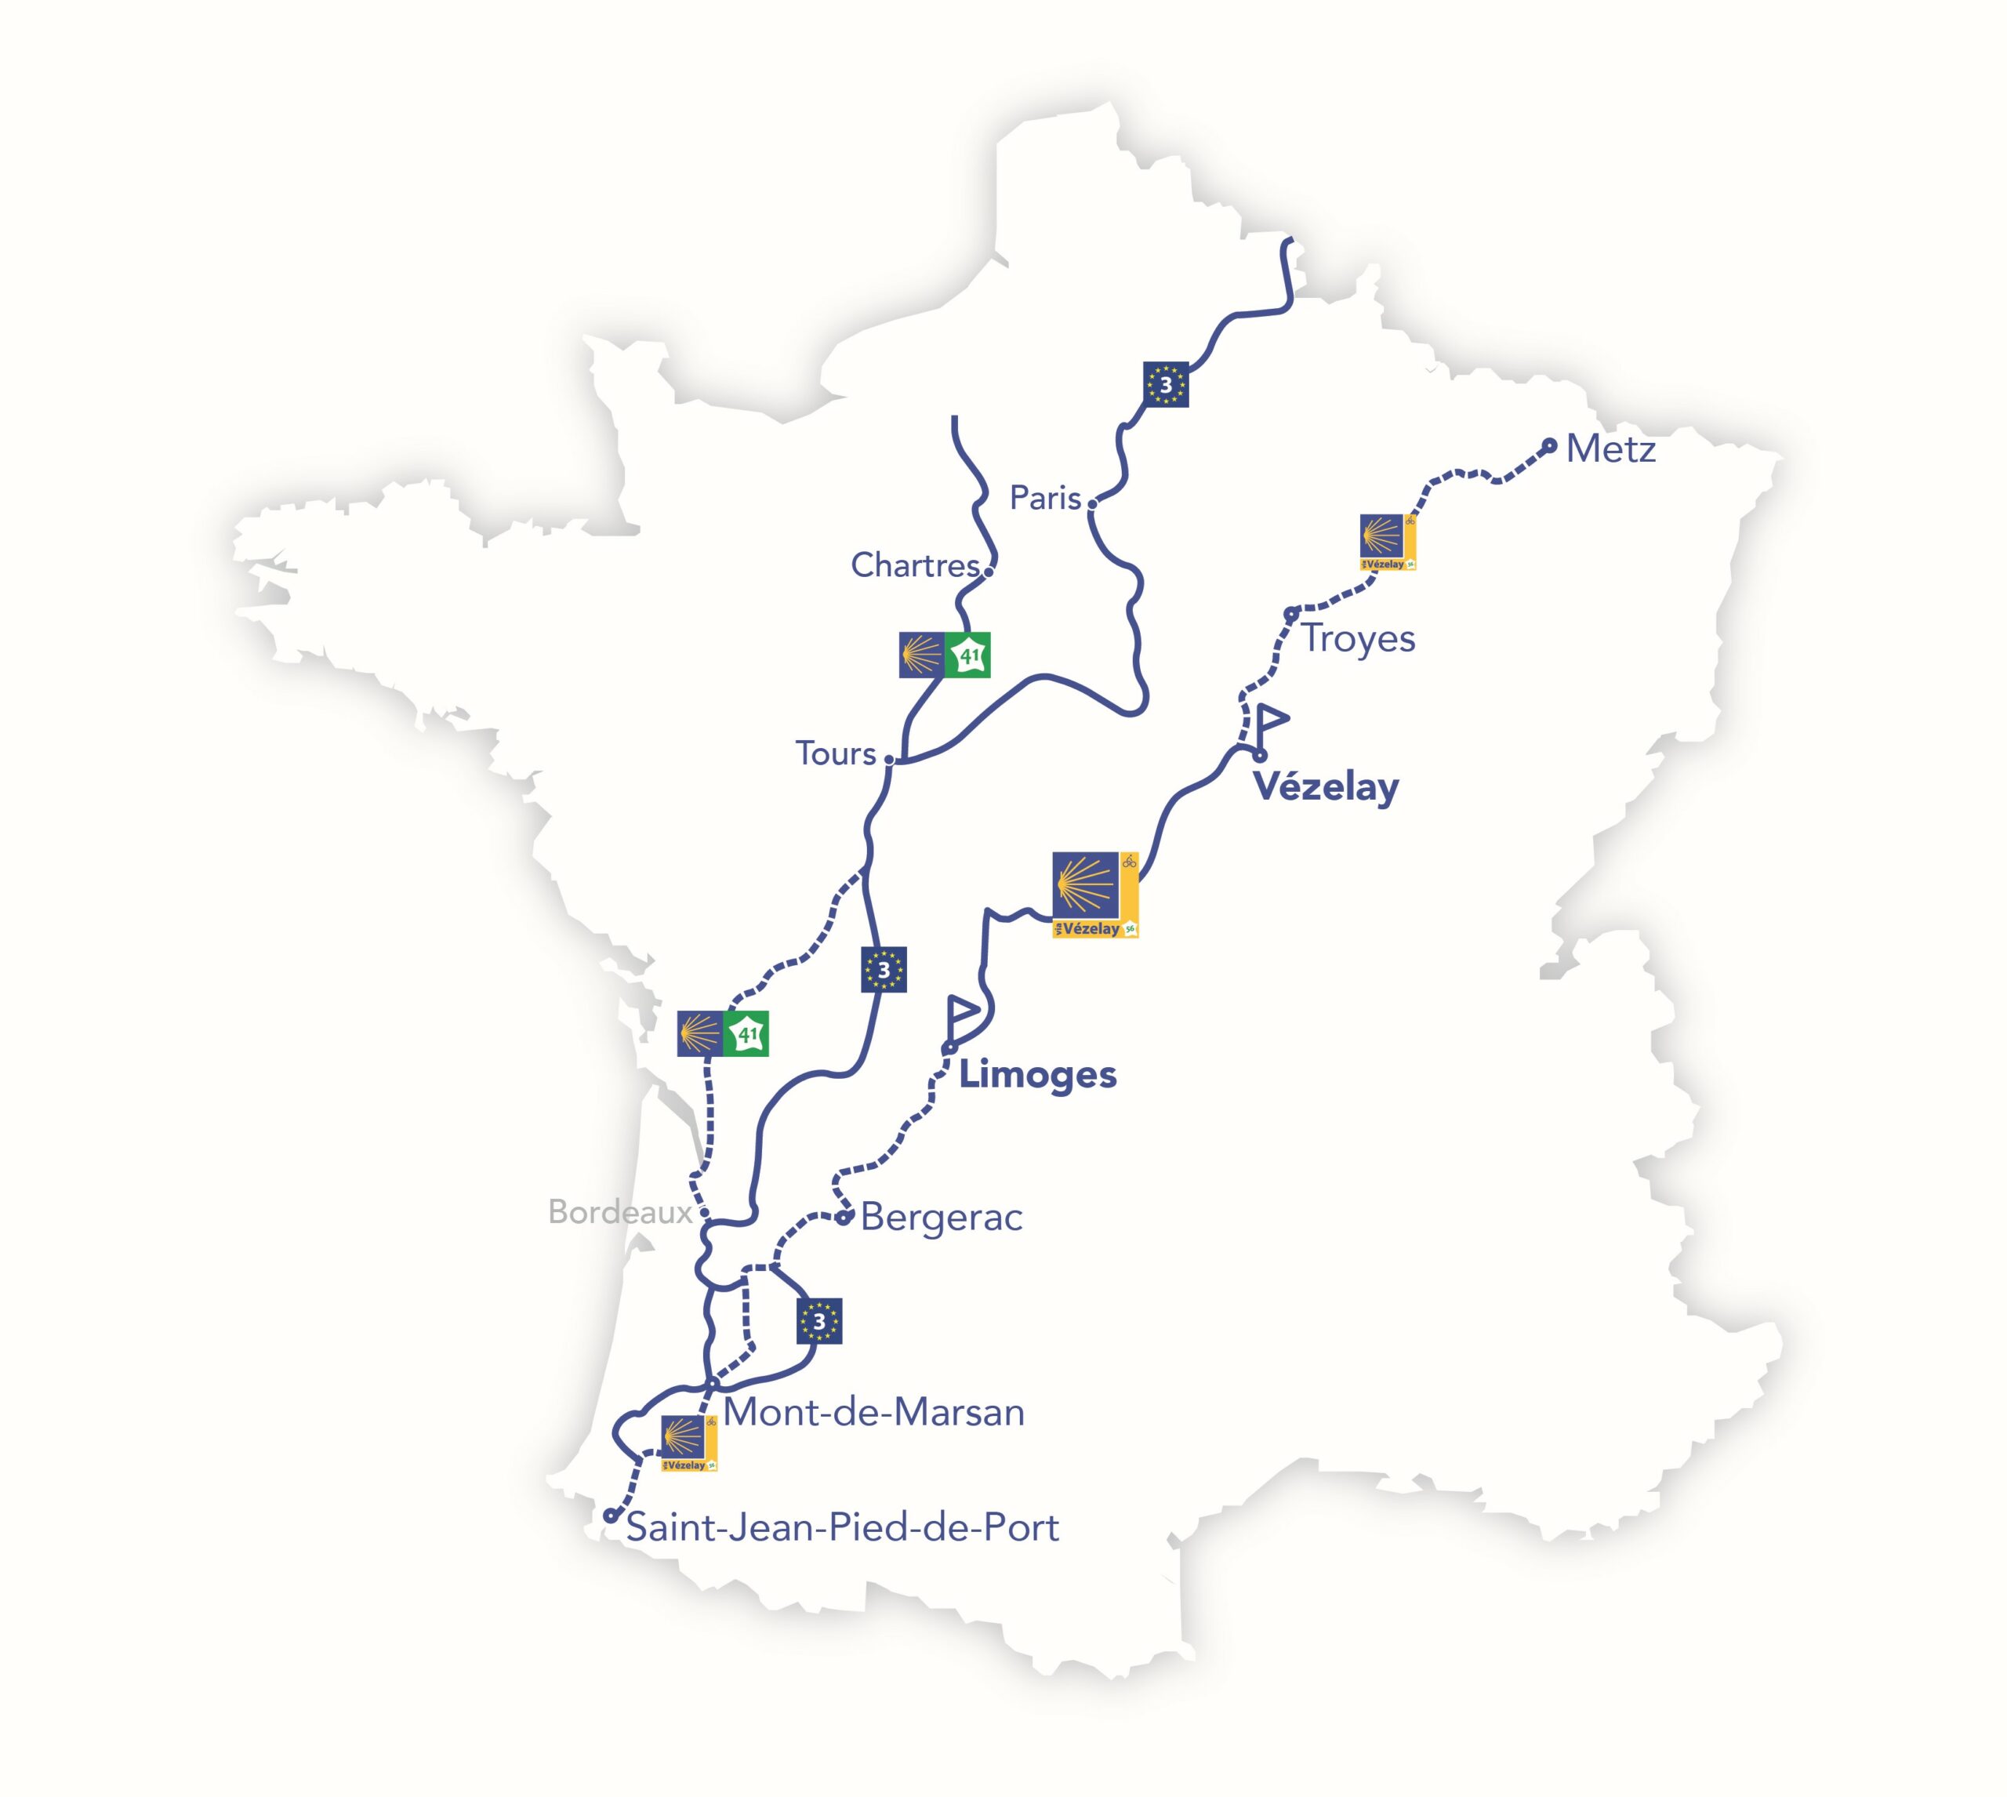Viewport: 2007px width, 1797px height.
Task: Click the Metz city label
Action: (x=1610, y=449)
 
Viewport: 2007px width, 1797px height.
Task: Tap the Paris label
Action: (x=1044, y=498)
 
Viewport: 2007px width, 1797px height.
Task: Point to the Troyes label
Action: (x=1357, y=639)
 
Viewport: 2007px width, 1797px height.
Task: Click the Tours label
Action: (x=835, y=753)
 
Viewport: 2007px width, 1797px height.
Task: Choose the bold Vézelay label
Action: (x=1326, y=788)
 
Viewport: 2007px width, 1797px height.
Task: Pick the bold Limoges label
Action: (x=1037, y=1074)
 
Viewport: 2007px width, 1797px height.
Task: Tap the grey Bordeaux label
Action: (x=620, y=1211)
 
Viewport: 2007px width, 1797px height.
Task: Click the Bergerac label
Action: (x=941, y=1218)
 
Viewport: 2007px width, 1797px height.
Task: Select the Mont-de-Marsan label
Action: (x=873, y=1412)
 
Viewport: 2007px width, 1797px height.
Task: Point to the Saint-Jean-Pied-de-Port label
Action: (x=842, y=1527)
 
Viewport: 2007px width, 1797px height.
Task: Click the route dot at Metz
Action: (x=1549, y=445)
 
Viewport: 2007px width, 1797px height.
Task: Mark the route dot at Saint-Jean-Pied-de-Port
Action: (x=610, y=1516)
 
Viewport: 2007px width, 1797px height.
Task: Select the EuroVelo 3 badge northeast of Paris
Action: (x=1165, y=385)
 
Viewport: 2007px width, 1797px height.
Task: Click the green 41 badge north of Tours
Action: (x=967, y=655)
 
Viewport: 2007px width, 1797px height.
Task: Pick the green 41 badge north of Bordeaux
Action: (x=746, y=1034)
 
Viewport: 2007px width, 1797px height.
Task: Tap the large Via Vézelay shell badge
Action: (x=1094, y=894)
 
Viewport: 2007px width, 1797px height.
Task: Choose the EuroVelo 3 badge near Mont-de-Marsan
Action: (x=818, y=1321)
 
